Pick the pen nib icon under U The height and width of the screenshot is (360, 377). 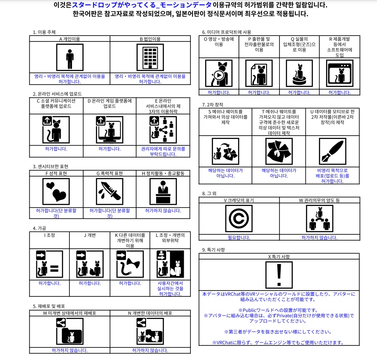pyautogui.click(x=332, y=151)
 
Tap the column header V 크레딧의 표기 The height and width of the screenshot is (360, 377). pyautogui.click(x=239, y=201)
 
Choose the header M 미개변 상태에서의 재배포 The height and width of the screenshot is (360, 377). pyautogui.click(x=69, y=313)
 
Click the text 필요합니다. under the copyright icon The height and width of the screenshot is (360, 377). pyautogui.click(x=239, y=238)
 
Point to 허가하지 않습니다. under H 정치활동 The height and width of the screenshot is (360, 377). pyautogui.click(x=163, y=211)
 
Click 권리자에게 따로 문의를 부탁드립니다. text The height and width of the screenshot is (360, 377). pyautogui.click(x=163, y=151)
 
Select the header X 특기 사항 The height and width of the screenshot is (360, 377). pyautogui.click(x=279, y=256)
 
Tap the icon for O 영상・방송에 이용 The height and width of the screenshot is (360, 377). pyautogui.click(x=219, y=73)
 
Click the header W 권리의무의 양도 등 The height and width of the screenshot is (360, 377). pyautogui.click(x=319, y=201)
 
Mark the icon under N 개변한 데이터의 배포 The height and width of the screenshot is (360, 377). pyautogui.click(x=150, y=331)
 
